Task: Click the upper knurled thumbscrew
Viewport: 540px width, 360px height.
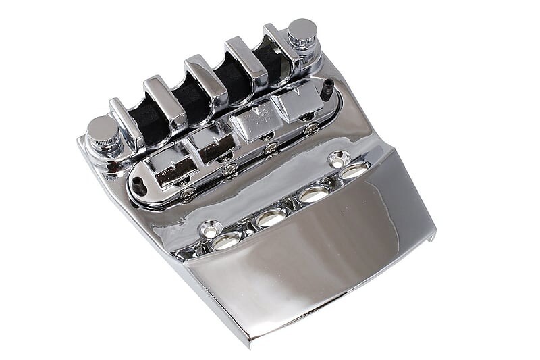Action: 302,32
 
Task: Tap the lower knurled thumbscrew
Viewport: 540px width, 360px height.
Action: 104,130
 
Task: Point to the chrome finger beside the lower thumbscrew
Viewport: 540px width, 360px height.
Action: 127,122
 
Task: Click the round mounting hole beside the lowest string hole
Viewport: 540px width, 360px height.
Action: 211,230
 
